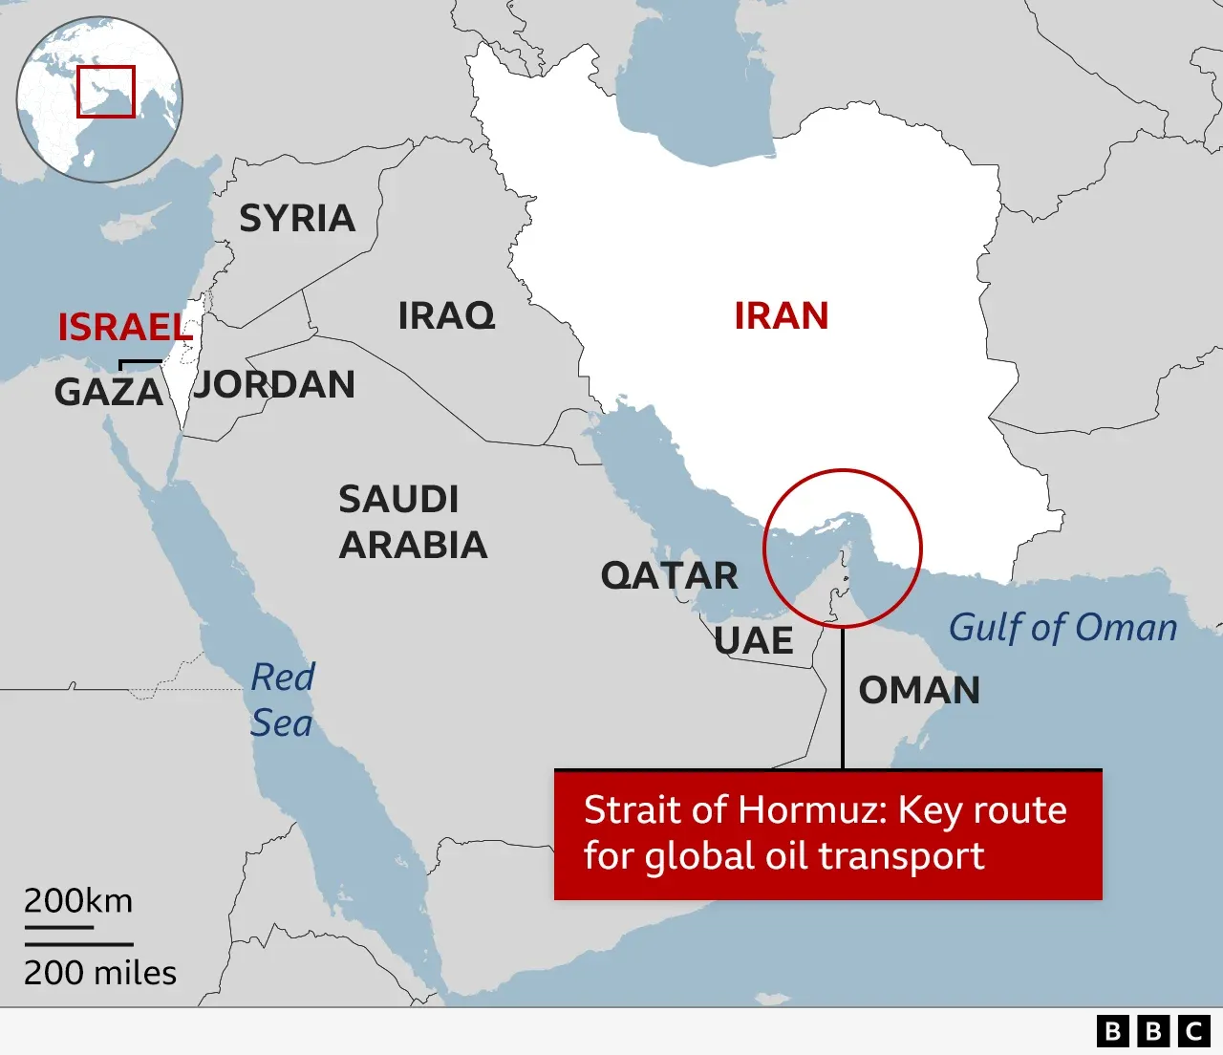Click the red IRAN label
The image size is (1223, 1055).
[781, 316]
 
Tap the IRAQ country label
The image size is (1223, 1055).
[446, 315]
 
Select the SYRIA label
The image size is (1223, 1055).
[297, 219]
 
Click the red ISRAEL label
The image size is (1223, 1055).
[124, 328]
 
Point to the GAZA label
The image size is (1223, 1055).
[108, 393]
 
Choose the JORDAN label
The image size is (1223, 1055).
[275, 385]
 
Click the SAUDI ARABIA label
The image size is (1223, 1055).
[413, 522]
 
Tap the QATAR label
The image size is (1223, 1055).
[669, 576]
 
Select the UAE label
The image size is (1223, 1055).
[754, 641]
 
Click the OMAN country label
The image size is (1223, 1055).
[919, 691]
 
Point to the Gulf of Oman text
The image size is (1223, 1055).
[1062, 628]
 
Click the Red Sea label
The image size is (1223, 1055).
[282, 700]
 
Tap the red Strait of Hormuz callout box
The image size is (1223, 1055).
[827, 834]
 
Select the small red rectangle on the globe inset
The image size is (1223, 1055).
[106, 92]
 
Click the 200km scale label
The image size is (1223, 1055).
[78, 901]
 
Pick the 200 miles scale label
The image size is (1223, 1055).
[100, 973]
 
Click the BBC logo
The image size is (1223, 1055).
[1153, 1031]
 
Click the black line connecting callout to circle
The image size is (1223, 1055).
[842, 698]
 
